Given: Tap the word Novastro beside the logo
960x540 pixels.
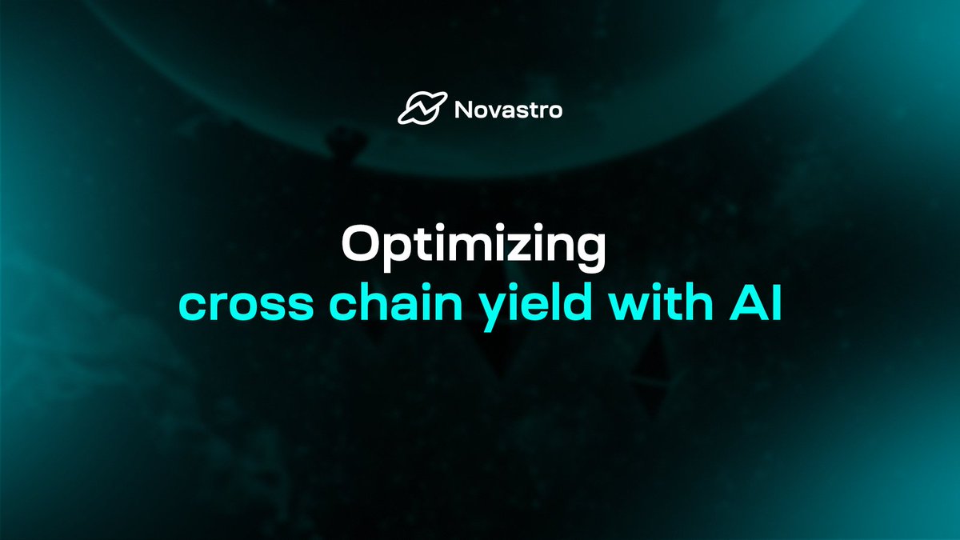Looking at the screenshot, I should pos(508,110).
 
